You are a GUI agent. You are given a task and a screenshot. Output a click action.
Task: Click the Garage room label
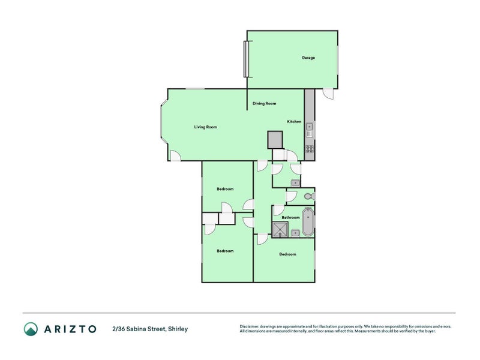(308, 58)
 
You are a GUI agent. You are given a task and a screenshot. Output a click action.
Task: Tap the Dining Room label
(264, 104)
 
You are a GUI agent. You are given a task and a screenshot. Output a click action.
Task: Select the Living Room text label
(205, 127)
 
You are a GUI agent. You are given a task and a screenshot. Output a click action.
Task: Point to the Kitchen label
(294, 122)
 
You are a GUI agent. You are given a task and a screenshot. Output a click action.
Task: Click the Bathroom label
(290, 217)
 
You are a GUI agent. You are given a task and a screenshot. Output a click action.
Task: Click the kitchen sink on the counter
(310, 127)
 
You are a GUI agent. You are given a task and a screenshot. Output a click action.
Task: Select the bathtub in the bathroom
(308, 222)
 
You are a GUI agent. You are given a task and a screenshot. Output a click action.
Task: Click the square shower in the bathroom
(280, 230)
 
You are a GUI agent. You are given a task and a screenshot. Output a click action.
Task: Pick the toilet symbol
(308, 196)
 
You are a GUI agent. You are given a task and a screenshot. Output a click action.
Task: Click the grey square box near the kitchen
(275, 140)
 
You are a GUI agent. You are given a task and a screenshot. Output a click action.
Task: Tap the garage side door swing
(328, 94)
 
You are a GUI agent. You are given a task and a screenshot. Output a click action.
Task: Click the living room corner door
(175, 156)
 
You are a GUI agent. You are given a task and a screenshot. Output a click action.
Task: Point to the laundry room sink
(295, 182)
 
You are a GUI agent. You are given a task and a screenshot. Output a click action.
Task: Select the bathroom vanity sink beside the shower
(295, 233)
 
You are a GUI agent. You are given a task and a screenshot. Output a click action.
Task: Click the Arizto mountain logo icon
(31, 329)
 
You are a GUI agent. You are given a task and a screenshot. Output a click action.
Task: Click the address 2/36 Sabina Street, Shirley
(150, 329)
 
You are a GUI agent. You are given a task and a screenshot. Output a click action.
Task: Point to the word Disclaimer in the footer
(251, 326)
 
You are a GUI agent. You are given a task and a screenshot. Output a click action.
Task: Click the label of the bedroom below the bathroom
(287, 254)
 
